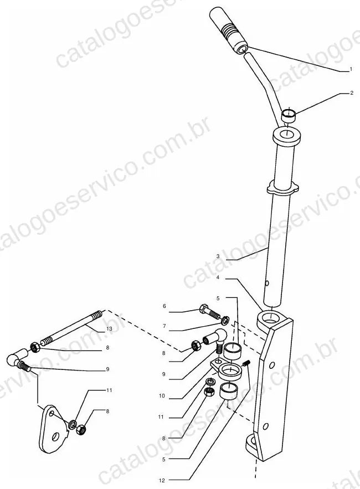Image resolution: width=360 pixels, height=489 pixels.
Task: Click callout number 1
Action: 351,69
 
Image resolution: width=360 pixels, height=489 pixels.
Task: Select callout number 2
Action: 352,93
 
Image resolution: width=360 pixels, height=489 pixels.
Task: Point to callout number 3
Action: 218,256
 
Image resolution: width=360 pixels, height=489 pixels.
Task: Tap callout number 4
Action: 218,277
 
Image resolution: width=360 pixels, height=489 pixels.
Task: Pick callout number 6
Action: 164,306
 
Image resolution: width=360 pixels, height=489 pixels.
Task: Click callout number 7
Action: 164,326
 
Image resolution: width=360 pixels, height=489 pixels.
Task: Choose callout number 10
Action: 162,396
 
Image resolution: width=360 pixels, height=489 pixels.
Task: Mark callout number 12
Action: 162,480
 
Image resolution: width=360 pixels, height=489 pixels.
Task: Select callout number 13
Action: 109,329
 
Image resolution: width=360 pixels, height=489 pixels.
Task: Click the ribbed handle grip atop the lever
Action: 228,29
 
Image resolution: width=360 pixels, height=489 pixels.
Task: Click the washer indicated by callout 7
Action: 225,320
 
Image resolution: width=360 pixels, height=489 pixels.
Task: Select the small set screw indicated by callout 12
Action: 246,363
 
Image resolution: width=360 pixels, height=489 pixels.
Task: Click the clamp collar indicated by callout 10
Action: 229,369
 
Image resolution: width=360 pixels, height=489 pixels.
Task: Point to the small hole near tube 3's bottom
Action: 267,283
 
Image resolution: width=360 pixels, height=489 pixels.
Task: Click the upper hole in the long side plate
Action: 272,364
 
